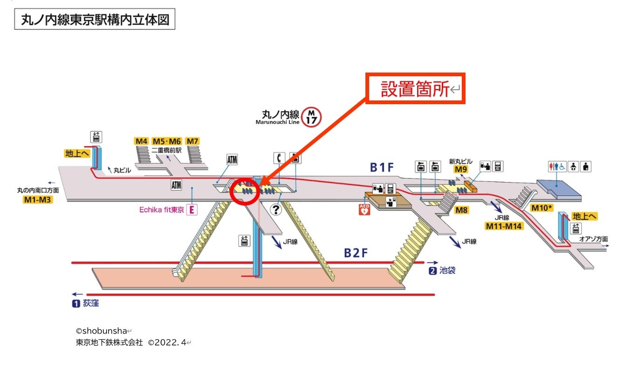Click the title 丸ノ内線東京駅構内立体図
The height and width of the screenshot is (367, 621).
pos(94,20)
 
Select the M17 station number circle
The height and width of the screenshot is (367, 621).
pos(311,117)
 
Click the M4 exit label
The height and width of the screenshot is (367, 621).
pos(142,141)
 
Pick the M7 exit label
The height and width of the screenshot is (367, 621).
pos(192,141)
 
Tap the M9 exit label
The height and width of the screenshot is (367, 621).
pos(461,169)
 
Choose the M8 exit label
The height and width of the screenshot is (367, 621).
pos(461,210)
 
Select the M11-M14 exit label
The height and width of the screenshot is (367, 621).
pos(504,227)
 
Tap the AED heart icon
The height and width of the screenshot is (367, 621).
pos(364,209)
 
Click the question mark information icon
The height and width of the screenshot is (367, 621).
pos(276,210)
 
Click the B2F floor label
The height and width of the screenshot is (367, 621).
pos(356,253)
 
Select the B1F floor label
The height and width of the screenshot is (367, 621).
pos(383,167)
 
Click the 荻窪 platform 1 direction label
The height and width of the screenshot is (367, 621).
pos(86,304)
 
